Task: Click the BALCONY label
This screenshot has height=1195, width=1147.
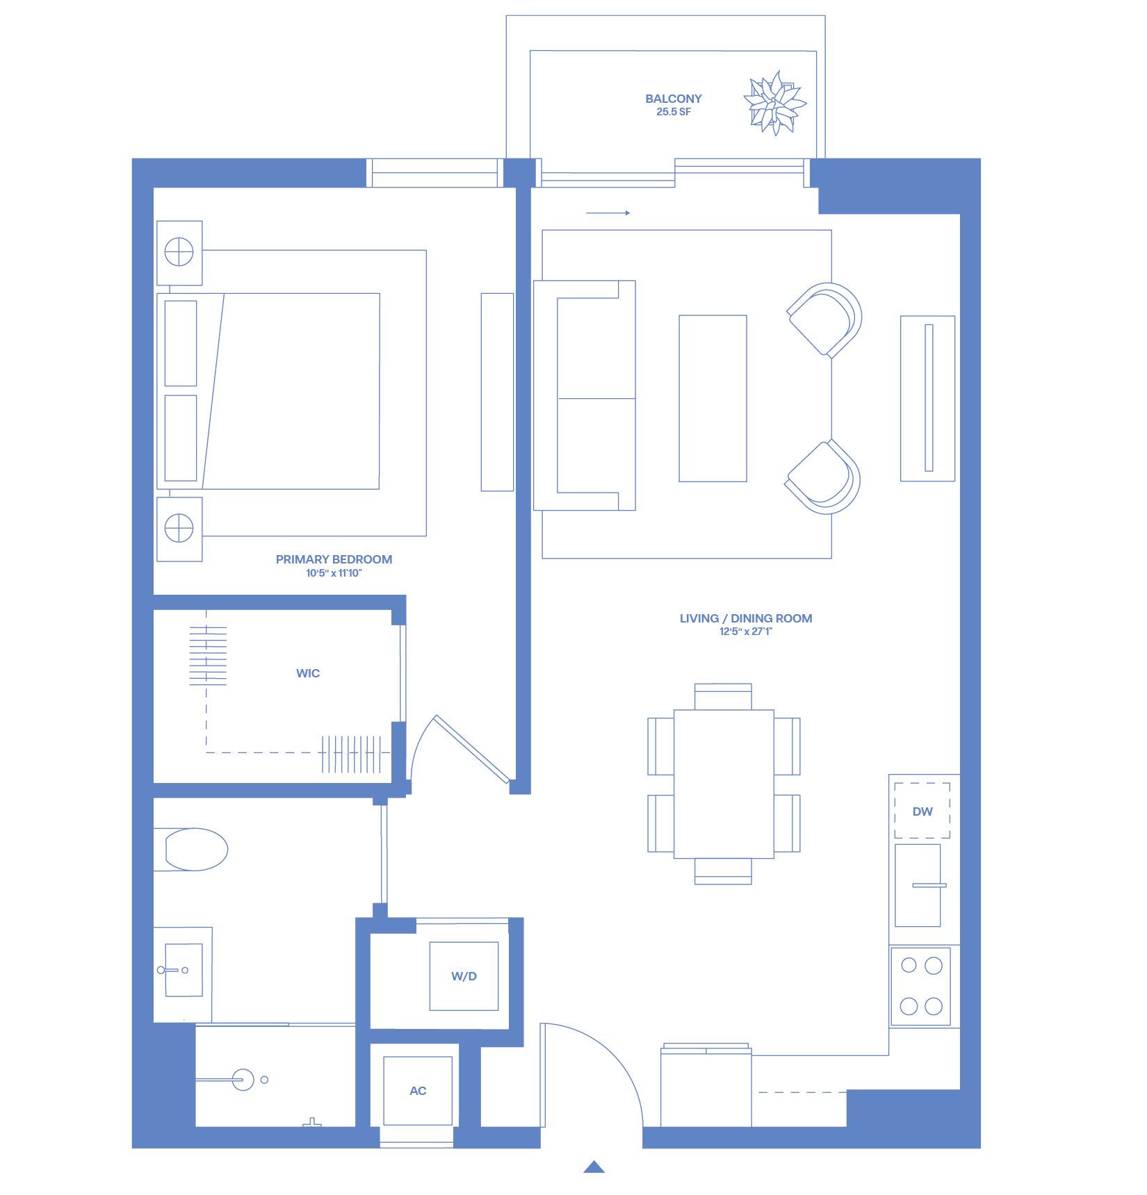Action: [673, 99]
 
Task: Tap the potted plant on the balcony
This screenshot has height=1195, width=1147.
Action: [774, 103]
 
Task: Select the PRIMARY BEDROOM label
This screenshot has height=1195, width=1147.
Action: [334, 559]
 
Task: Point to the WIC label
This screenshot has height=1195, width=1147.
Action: [308, 673]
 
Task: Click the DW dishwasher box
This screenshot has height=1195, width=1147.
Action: [922, 811]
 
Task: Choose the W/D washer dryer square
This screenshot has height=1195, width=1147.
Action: [464, 976]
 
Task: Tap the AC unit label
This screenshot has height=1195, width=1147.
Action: [418, 1091]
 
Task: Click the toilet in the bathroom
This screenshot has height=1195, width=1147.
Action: [190, 849]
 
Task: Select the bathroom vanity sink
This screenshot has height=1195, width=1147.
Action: [184, 970]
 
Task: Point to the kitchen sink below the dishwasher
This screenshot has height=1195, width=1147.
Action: [918, 885]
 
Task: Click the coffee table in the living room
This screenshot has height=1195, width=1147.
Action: [713, 398]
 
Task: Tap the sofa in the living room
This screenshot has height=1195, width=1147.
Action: [584, 395]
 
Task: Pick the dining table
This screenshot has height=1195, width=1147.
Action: [724, 784]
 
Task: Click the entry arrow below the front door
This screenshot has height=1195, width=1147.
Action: [594, 1167]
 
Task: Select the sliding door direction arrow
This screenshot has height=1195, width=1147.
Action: [608, 213]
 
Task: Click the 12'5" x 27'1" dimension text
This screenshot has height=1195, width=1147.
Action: [746, 632]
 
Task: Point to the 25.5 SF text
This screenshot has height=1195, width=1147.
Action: [674, 112]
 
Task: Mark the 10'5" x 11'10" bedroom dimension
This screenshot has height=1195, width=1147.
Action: [334, 573]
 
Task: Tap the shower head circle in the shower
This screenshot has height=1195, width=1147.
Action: [243, 1080]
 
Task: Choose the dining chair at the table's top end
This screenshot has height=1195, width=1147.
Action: [723, 696]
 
